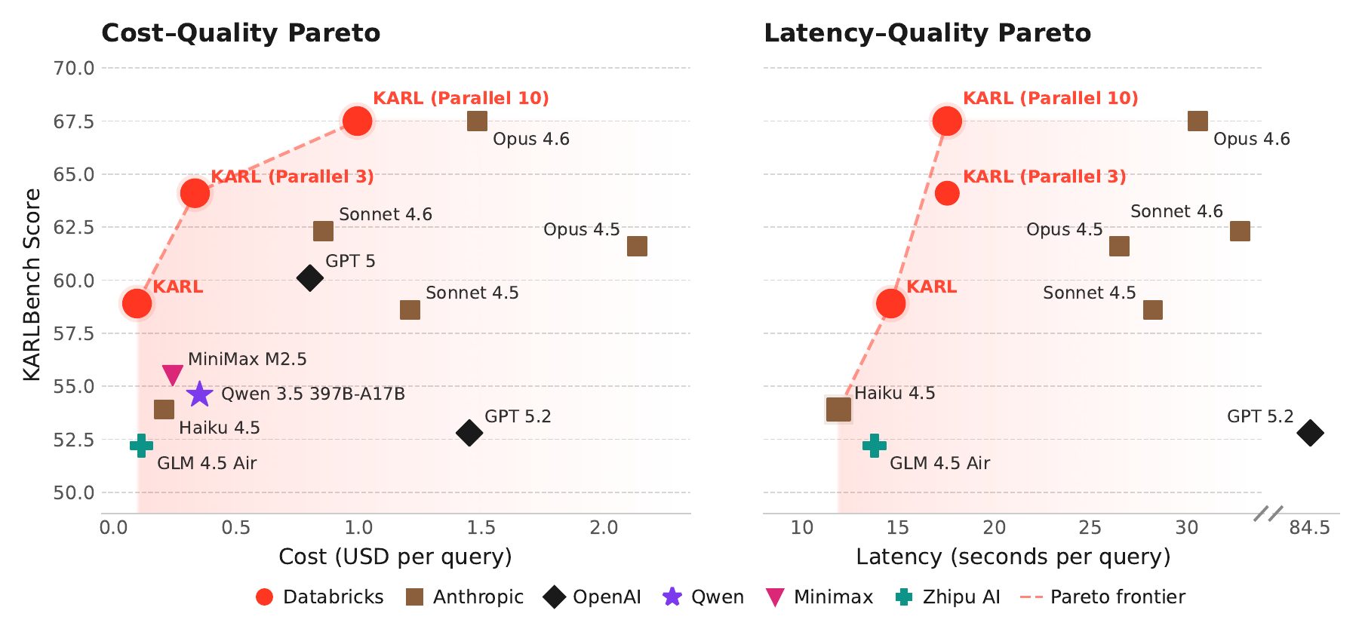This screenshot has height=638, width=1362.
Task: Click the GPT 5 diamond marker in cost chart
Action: [309, 278]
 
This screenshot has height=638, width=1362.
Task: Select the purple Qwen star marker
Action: [199, 394]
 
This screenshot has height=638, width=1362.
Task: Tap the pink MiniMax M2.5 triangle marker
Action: [173, 374]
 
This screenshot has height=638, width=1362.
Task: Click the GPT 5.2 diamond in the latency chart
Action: [1310, 433]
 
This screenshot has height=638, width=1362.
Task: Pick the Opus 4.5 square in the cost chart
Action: [637, 247]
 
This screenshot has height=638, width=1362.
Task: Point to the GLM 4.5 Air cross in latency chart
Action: [874, 446]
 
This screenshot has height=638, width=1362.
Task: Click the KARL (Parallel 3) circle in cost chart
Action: [195, 193]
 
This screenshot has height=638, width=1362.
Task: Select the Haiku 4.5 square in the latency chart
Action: [838, 409]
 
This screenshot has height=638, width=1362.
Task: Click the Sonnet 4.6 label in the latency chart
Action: [1176, 212]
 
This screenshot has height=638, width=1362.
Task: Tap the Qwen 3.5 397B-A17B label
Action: [312, 394]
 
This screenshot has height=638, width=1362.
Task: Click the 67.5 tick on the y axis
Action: [73, 121]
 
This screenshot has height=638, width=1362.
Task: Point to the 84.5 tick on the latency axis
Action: [1309, 528]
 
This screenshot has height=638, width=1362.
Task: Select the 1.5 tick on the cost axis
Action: [481, 528]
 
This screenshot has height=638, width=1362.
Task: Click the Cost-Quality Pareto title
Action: [241, 33]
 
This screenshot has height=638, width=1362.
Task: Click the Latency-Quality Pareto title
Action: [927, 33]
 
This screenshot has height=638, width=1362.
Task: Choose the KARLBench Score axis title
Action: [32, 285]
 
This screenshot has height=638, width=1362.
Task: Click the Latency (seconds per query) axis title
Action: [1013, 557]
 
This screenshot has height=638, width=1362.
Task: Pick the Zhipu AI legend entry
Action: [948, 597]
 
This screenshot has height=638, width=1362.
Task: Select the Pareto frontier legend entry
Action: [1102, 597]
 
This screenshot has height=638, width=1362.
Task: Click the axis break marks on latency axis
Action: [1268, 514]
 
